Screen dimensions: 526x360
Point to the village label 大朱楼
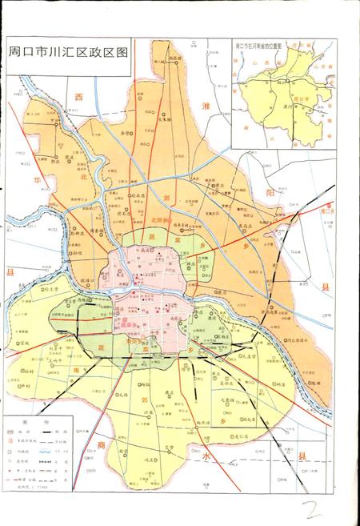tap(164, 120)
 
